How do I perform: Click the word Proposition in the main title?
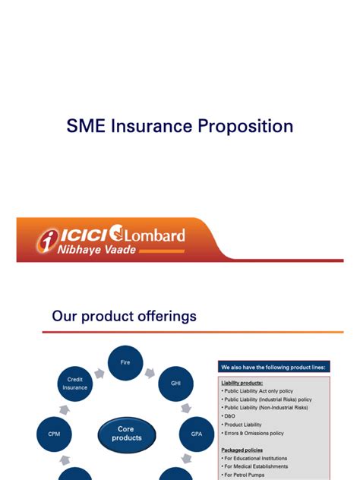tap(245, 126)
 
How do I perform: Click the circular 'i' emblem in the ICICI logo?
tap(47, 241)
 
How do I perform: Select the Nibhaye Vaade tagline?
tap(96, 249)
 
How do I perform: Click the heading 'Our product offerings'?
tap(124, 316)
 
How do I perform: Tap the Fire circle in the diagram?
tap(125, 363)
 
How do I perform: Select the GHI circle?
tap(175, 384)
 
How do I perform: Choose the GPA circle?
tap(197, 434)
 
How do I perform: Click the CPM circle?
tap(54, 434)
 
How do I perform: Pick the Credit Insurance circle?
tap(75, 384)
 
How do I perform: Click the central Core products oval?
tap(127, 434)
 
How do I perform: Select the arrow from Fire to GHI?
tap(150, 373)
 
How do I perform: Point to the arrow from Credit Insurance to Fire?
tap(99, 374)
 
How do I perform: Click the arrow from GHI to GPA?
tap(186, 409)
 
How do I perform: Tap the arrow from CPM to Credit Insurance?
tap(65, 409)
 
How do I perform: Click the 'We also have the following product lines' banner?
tap(274, 367)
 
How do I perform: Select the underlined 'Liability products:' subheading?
tap(242, 383)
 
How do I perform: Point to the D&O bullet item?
tap(229, 416)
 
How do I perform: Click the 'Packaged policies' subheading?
tap(242, 450)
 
